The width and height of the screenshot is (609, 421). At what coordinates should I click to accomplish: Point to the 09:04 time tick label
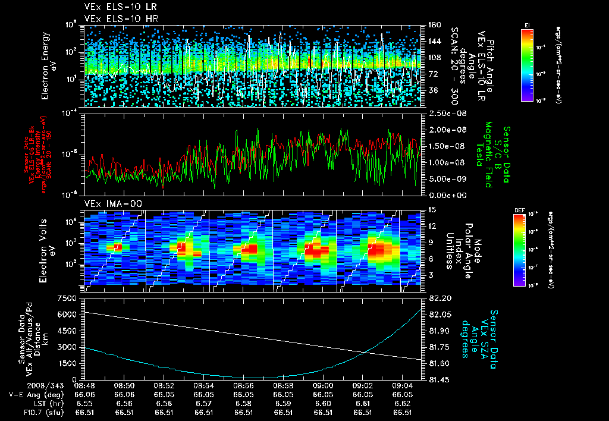403,386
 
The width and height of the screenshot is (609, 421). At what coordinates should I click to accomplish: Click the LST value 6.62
403,403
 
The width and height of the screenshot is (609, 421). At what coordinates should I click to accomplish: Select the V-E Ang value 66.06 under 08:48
84,394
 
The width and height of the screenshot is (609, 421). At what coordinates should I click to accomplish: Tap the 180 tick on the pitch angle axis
434,24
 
